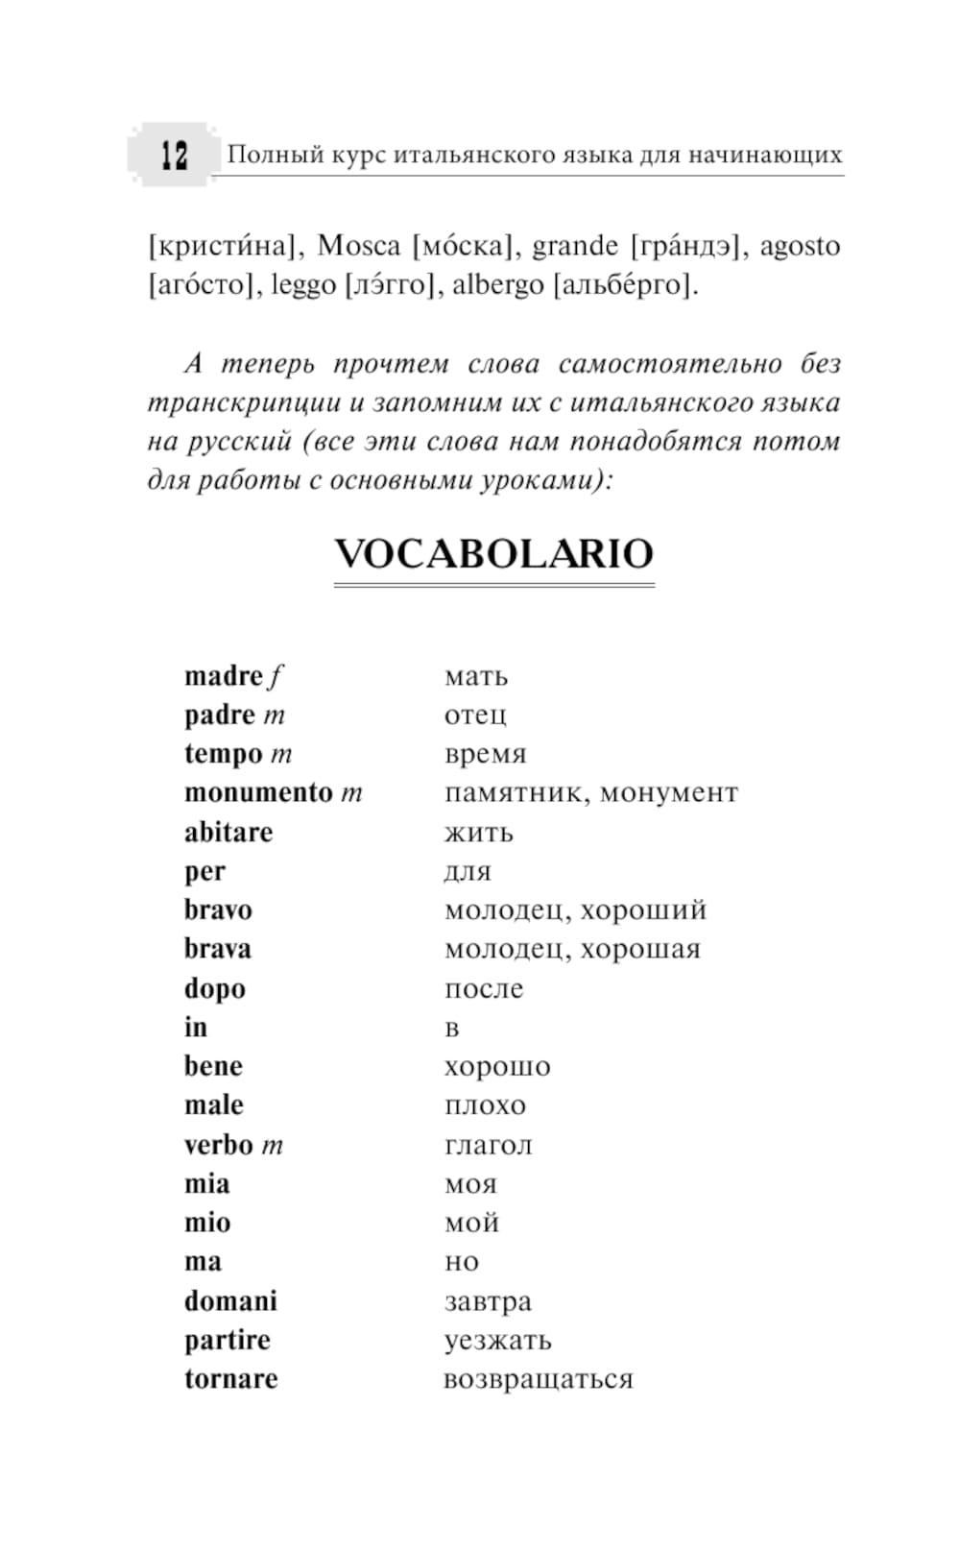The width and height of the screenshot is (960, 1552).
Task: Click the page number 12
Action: (174, 155)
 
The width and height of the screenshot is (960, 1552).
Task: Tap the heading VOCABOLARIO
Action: (493, 554)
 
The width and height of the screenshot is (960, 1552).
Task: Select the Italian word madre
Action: (223, 676)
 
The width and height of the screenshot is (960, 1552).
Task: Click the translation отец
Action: (475, 715)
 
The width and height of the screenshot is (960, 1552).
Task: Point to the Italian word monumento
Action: (258, 793)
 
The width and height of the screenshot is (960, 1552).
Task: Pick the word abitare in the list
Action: (228, 832)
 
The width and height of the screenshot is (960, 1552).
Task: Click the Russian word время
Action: (485, 755)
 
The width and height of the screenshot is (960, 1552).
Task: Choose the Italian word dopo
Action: (215, 988)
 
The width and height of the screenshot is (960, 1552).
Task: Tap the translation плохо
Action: (485, 1105)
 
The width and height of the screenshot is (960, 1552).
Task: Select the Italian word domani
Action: (230, 1301)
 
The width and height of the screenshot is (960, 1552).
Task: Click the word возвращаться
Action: (538, 1379)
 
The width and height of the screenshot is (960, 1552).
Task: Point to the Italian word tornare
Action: (230, 1379)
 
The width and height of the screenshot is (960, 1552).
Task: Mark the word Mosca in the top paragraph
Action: (358, 246)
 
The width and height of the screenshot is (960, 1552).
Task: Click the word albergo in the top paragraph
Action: (497, 285)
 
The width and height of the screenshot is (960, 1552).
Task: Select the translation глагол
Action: (488, 1145)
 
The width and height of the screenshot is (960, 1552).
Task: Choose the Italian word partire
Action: (228, 1340)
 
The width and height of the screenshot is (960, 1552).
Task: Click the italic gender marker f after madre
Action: (276, 677)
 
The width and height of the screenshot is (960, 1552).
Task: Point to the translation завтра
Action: (488, 1301)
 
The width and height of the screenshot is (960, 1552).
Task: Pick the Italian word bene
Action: (213, 1066)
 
